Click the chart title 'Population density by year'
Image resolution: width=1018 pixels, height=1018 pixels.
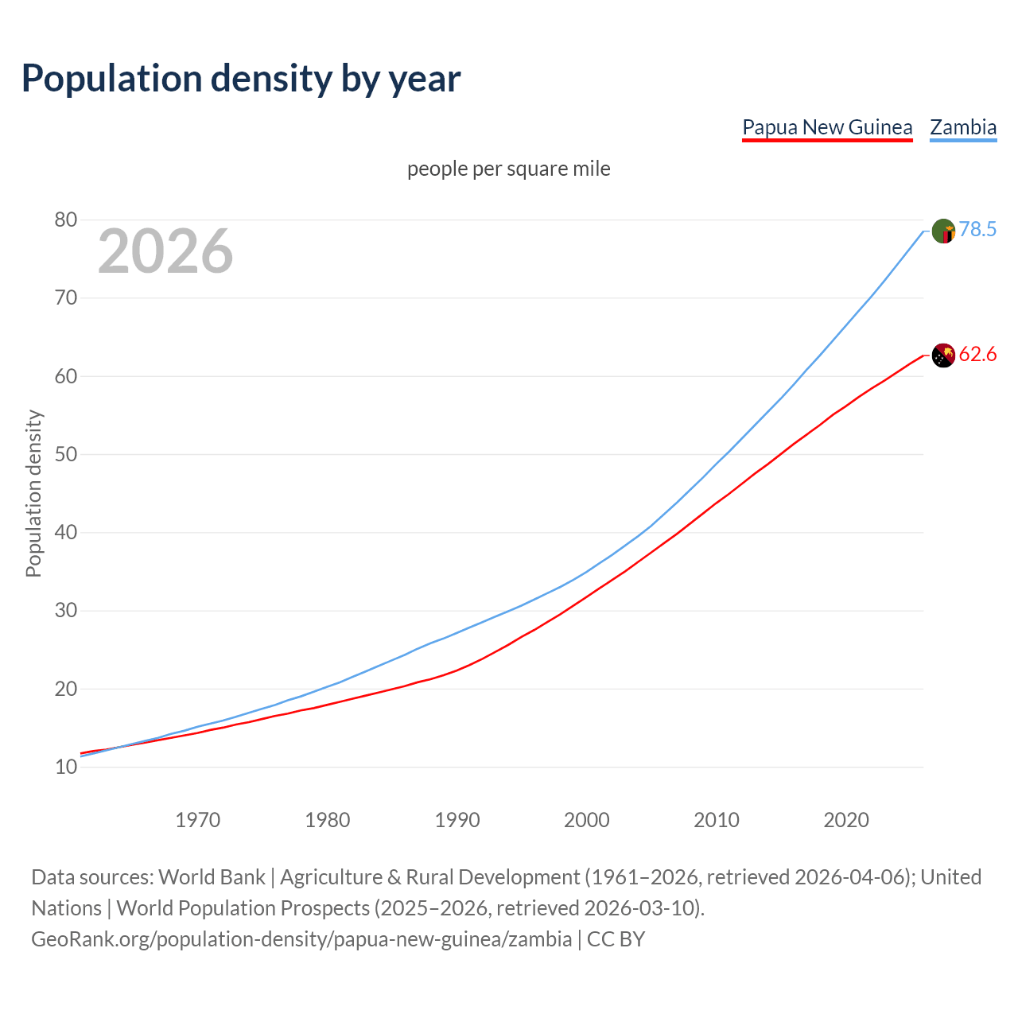tap(241, 79)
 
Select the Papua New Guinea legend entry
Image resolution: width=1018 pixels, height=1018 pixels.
tap(827, 127)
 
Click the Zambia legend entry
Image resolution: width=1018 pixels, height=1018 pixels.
tap(963, 127)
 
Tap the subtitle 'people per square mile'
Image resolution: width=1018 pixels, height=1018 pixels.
tap(509, 169)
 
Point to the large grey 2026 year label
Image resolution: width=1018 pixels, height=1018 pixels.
tap(165, 251)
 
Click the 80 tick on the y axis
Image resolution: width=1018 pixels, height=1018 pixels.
tap(66, 220)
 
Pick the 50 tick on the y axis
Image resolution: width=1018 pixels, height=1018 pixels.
tap(66, 454)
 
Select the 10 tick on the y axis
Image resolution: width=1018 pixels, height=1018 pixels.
tap(66, 767)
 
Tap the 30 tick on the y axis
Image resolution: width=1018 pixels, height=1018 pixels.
tap(66, 611)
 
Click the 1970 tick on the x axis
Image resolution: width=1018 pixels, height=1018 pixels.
tap(198, 820)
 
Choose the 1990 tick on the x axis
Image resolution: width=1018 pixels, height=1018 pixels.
tap(457, 820)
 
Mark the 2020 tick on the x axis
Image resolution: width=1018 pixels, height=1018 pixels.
tap(846, 820)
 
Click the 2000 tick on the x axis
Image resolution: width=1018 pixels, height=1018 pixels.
tap(587, 820)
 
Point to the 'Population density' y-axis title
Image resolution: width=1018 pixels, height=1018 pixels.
tap(33, 493)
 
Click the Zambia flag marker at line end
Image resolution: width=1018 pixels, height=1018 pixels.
tap(943, 231)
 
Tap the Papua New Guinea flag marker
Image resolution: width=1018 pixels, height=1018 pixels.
tap(943, 356)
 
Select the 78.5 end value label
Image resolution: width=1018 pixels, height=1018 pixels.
tap(977, 230)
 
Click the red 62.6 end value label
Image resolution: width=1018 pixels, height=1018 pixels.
tap(977, 355)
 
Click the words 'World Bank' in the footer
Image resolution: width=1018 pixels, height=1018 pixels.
tap(212, 877)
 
